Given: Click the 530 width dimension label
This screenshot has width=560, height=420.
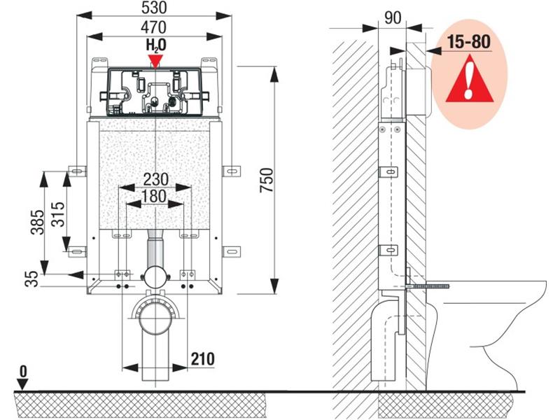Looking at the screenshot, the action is [154, 8].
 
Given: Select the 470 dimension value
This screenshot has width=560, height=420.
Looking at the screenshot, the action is [153, 27].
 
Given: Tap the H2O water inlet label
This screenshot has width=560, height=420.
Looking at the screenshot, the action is [155, 45].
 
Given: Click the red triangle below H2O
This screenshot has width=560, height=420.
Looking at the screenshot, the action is [155, 61].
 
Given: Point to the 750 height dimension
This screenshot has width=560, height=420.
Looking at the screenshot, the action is [267, 180].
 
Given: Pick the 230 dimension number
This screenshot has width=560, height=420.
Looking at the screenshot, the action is [155, 179].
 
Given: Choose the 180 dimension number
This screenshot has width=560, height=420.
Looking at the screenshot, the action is [154, 196].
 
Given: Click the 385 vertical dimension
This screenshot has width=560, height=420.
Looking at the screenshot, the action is [38, 222].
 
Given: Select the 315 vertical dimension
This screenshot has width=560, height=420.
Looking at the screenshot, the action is [58, 214].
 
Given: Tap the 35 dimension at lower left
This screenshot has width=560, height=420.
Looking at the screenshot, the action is [32, 279].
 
